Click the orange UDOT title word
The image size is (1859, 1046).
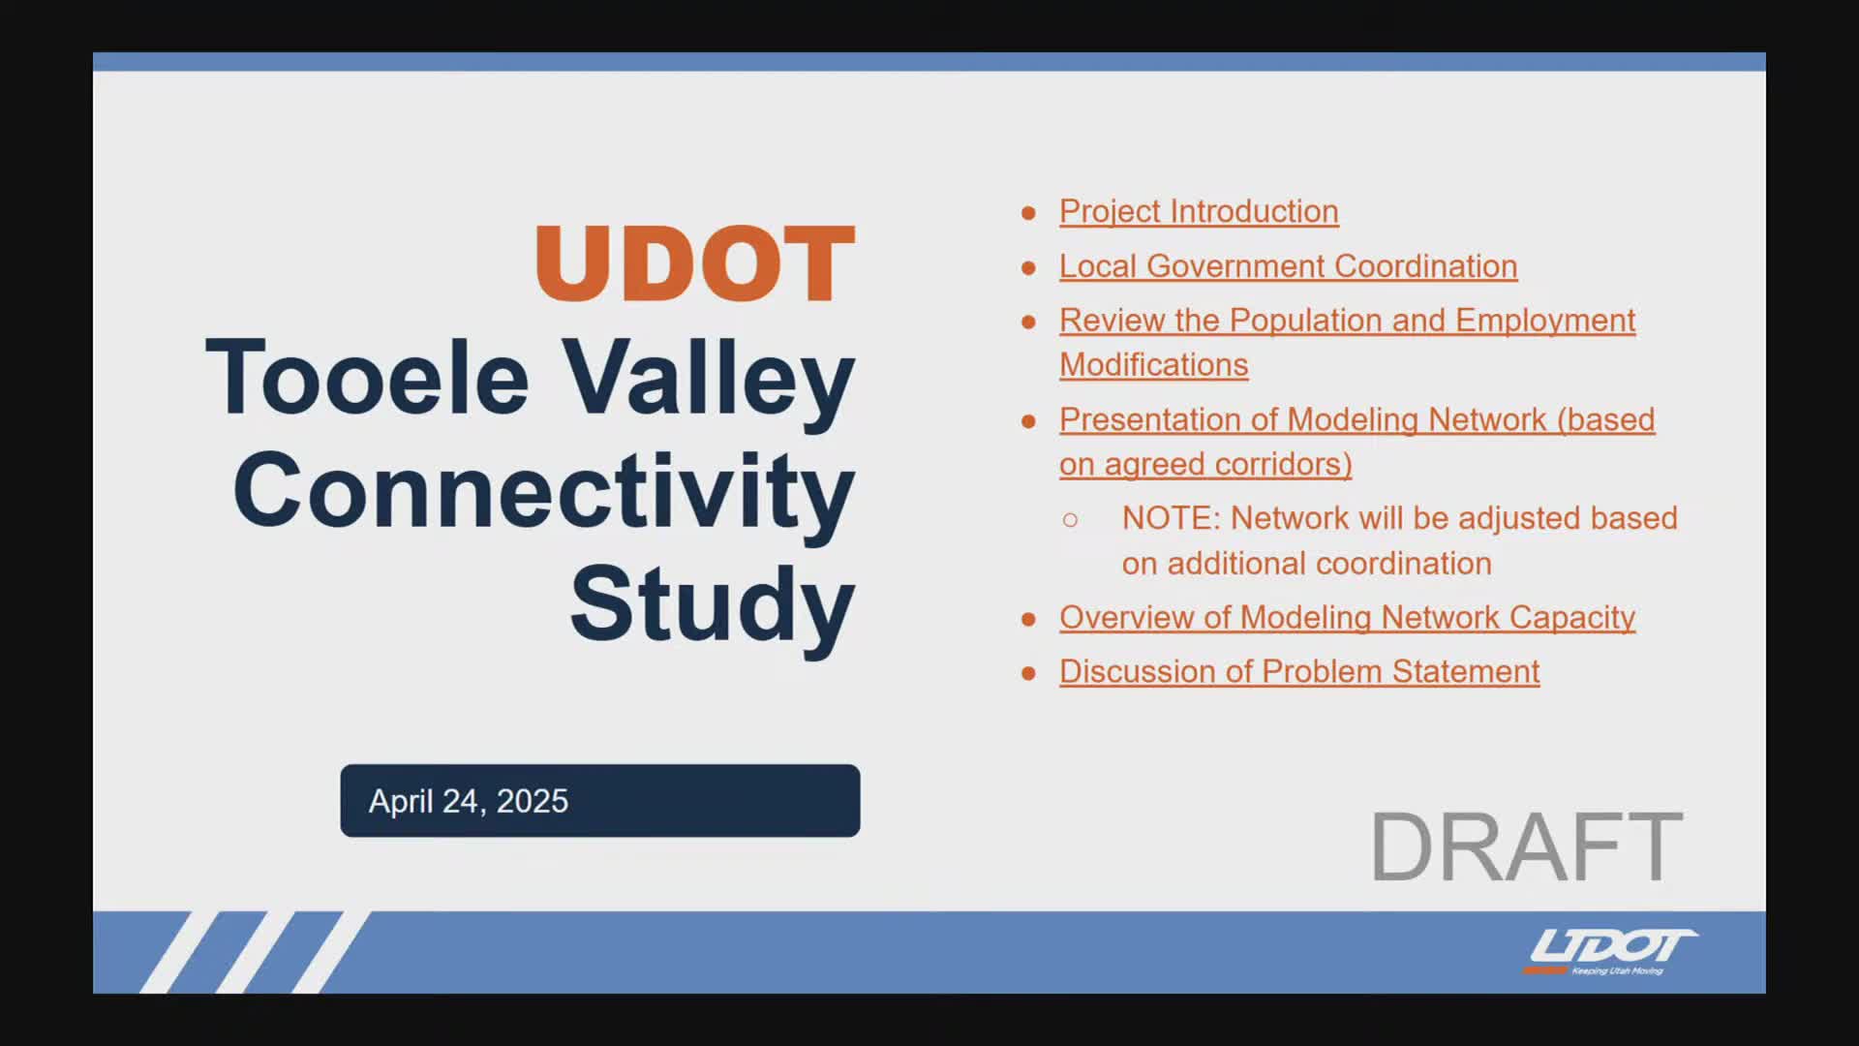coord(695,262)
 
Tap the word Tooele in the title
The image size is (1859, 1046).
coord(368,377)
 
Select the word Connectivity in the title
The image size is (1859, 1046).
coord(544,493)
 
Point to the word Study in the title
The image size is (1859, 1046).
coord(713,605)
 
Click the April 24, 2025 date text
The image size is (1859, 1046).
coord(469,801)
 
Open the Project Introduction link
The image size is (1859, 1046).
coord(1199,211)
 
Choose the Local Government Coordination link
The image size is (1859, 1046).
coord(1289,266)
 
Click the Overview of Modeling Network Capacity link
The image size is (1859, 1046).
coord(1348,618)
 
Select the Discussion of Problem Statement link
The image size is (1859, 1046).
coord(1299,672)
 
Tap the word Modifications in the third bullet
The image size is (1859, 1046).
coord(1154,365)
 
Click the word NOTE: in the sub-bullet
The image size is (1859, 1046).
coord(1172,518)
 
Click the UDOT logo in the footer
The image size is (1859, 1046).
coord(1610,951)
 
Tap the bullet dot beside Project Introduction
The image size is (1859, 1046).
coord(1028,212)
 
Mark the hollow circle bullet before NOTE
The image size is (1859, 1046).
coord(1070,520)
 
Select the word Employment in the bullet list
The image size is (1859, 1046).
coord(1545,321)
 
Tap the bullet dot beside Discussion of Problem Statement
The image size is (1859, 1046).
coord(1028,673)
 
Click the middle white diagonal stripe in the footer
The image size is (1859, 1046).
coord(255,952)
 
